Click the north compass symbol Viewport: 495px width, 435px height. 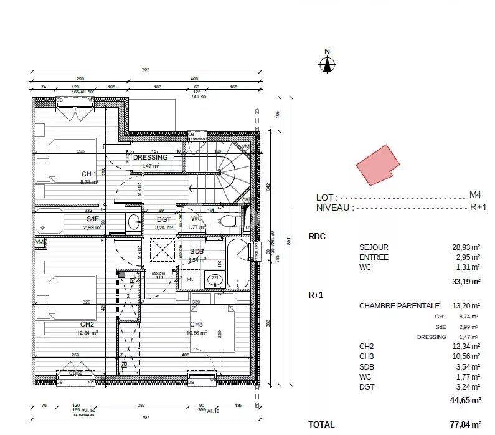pos(327,63)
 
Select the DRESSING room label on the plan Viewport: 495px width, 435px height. pos(150,158)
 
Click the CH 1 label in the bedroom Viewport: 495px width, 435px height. pos(88,174)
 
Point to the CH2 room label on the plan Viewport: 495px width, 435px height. pos(87,325)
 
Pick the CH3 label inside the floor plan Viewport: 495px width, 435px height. pos(197,324)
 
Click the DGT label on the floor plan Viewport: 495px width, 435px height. pos(164,219)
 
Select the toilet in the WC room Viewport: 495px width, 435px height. pos(229,221)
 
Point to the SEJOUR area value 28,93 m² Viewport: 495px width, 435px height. pos(466,247)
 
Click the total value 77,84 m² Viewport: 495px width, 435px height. pos(466,424)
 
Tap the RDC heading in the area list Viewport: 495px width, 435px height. pos(317,237)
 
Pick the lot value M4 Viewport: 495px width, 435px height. pos(474,195)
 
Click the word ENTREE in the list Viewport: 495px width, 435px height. pos(374,257)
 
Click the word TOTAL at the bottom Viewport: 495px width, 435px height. pos(321,424)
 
